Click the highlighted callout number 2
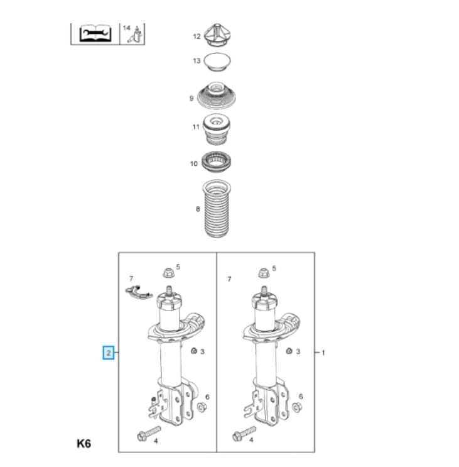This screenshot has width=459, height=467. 109,353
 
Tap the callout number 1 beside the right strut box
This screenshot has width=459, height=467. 323,353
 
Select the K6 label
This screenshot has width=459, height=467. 84,444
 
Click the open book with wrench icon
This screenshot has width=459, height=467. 95,34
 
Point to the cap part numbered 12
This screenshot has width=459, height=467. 218,35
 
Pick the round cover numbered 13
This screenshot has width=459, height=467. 217,62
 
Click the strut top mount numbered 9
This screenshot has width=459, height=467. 217,96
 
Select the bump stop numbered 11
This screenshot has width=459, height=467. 216,129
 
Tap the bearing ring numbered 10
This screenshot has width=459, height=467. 216,163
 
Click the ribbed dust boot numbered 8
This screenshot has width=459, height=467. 217,209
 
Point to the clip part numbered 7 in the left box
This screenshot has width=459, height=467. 139,292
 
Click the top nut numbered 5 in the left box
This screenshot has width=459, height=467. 168,273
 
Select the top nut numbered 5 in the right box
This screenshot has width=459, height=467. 263,273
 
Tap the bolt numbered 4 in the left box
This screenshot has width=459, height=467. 149,434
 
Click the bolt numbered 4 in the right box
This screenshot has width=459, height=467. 244,434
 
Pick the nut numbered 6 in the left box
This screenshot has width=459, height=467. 202,407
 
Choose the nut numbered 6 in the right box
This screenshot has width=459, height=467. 297,407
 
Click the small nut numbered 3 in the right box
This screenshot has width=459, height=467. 289,351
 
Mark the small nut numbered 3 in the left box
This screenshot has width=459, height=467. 194,351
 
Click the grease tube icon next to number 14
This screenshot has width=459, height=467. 135,35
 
